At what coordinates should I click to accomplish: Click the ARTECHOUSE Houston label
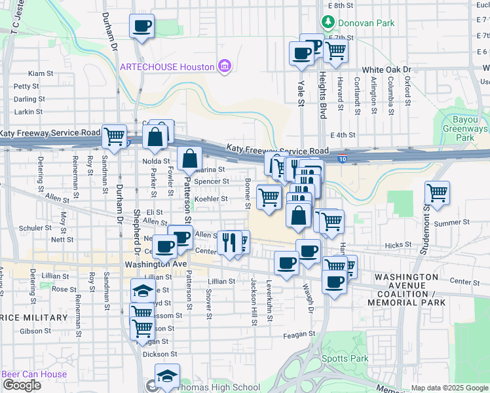click(x=167, y=67)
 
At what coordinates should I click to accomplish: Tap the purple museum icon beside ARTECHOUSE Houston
click(x=224, y=67)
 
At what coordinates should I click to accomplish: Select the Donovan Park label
click(x=366, y=23)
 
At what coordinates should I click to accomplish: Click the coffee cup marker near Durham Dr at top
click(x=141, y=27)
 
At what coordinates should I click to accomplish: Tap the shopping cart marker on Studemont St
click(x=437, y=193)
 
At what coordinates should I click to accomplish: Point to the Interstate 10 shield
click(x=343, y=158)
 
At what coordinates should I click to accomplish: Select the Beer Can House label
click(x=34, y=375)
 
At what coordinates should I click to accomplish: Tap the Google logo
click(x=22, y=385)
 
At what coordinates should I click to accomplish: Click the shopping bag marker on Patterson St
click(x=189, y=159)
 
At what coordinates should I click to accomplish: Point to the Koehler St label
click(x=211, y=199)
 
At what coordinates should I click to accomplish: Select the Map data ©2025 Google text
click(x=450, y=388)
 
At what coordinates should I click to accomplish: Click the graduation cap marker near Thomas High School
click(x=167, y=377)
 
